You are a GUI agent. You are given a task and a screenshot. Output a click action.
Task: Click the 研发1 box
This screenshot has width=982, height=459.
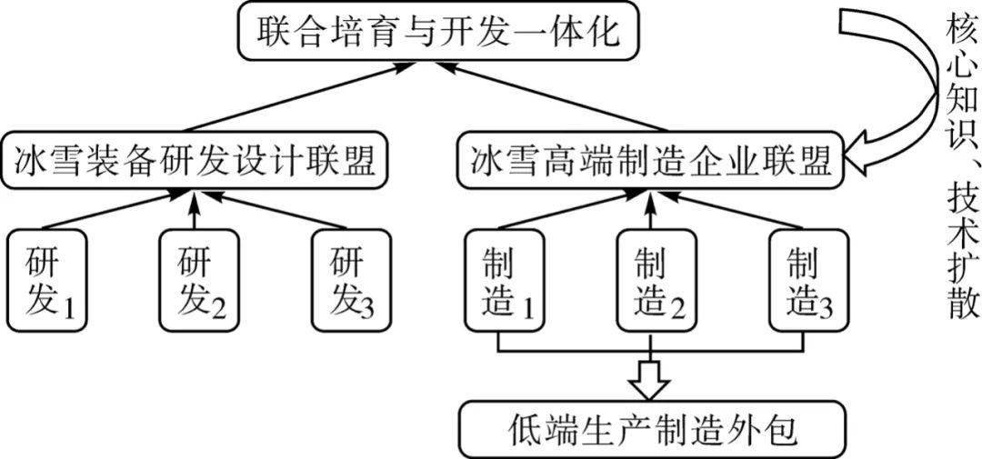point(46,279)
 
